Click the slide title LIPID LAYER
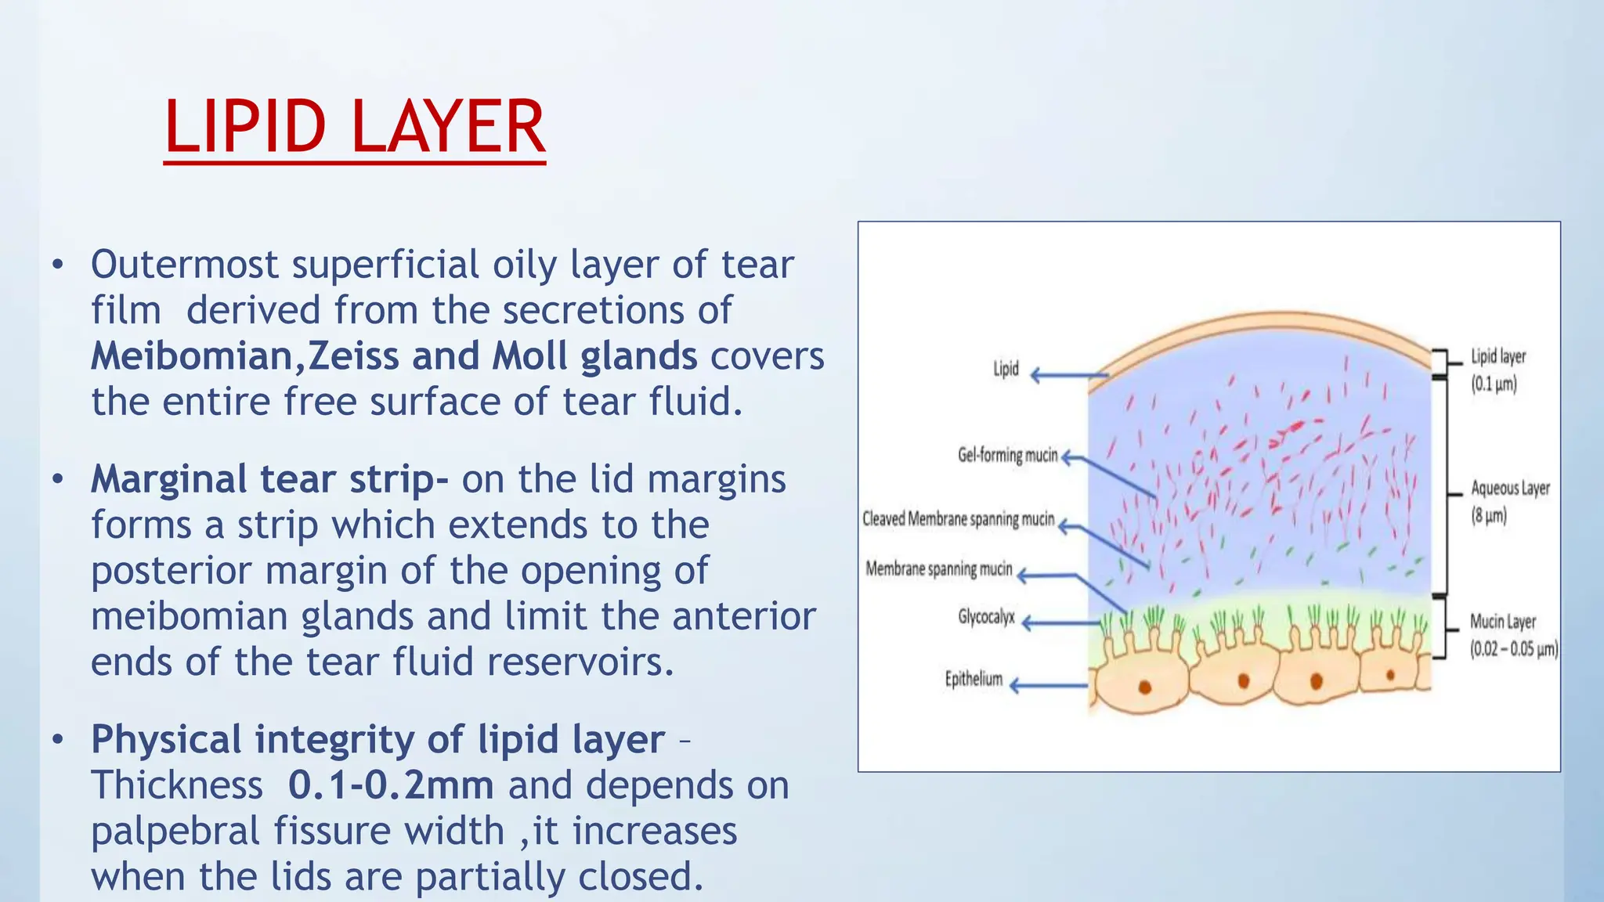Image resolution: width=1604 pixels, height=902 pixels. [x=354, y=128]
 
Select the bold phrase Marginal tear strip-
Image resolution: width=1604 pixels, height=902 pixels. [x=269, y=479]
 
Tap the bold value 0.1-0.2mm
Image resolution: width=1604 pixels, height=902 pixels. [x=390, y=785]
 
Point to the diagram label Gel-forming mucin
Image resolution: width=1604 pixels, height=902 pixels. [x=1007, y=455]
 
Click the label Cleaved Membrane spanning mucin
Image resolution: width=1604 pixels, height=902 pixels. [x=958, y=519]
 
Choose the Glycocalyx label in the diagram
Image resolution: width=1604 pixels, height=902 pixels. [x=986, y=617]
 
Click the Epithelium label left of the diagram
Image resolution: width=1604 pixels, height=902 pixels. [x=974, y=679]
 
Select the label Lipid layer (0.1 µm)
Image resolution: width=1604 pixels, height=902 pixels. [x=1497, y=370]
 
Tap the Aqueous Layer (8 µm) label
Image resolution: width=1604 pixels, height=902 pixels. [x=1509, y=501]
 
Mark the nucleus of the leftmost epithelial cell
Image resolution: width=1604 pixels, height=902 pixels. [x=1144, y=687]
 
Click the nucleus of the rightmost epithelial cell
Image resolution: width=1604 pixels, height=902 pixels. [x=1391, y=675]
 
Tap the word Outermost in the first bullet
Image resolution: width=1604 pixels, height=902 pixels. [x=184, y=265]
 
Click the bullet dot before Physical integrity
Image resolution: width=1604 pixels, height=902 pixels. [x=57, y=740]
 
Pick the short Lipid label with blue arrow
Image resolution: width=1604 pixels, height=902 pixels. [x=1006, y=369]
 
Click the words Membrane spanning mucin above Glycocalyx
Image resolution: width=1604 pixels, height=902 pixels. [x=938, y=568]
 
